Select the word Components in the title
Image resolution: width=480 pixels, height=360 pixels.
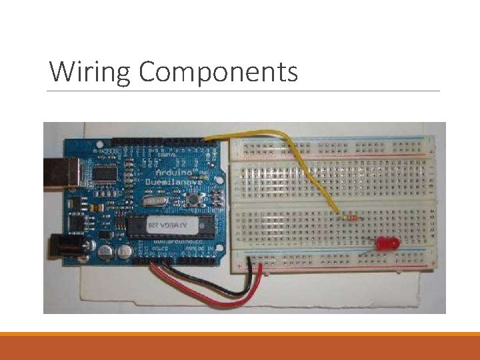(218, 72)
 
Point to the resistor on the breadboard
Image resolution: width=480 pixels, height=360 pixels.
(347, 215)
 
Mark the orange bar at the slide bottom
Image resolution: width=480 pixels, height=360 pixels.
(240, 334)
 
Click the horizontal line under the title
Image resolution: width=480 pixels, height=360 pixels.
(244, 91)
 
